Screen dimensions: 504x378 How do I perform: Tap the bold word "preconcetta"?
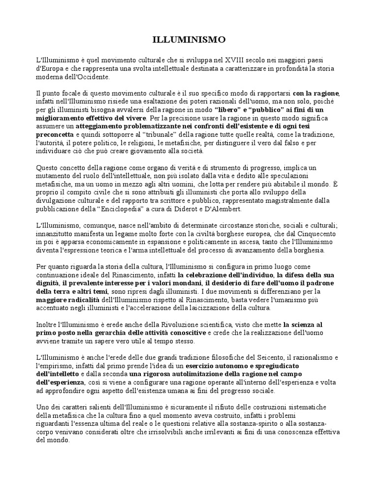[56, 134]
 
